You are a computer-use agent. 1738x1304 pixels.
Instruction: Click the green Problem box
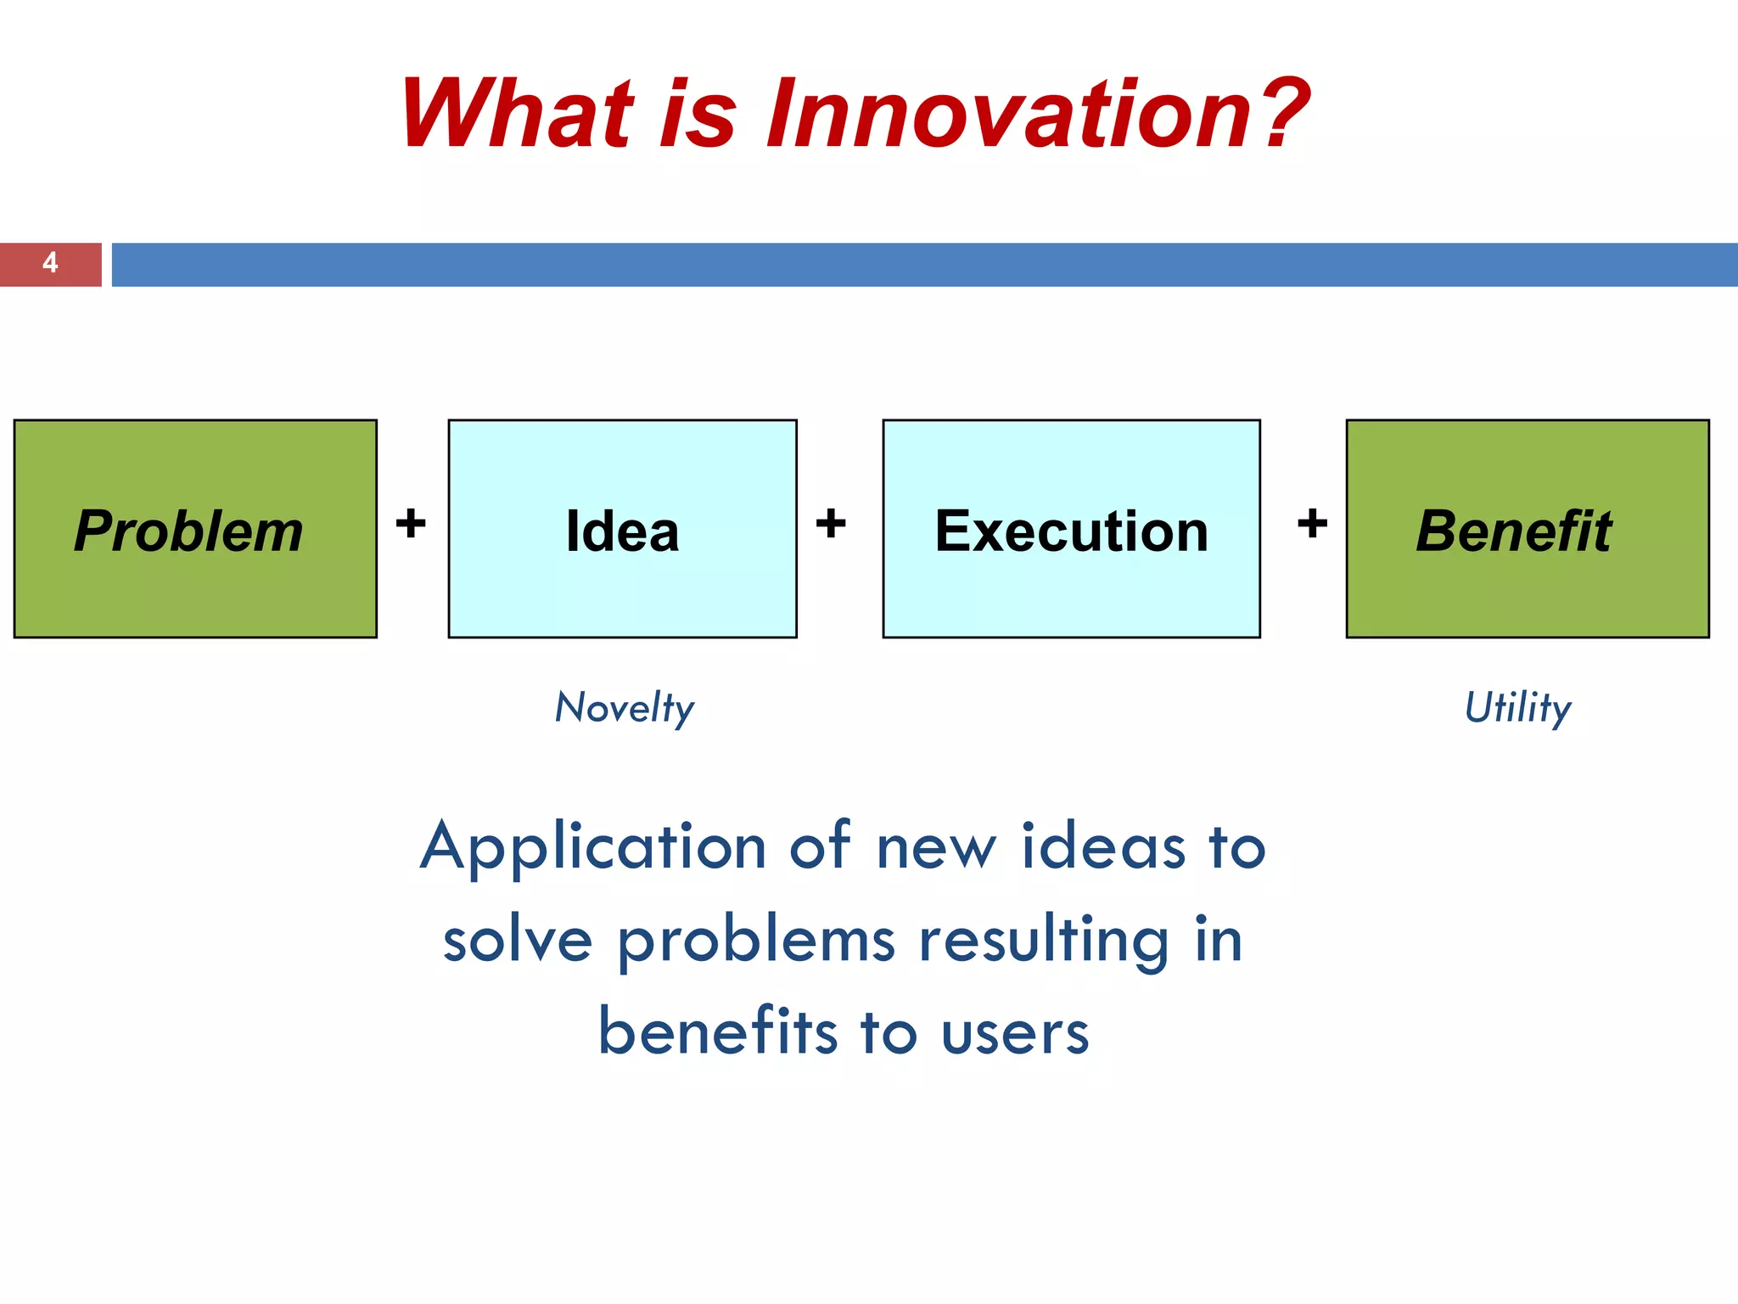coord(195,528)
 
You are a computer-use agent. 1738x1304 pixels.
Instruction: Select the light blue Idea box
coord(622,528)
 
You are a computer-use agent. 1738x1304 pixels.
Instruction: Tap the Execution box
coord(1071,528)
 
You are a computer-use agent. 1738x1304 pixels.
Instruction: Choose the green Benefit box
coord(1527,528)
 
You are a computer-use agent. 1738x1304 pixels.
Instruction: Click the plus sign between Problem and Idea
coord(411,523)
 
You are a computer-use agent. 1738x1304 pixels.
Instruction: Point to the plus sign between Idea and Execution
coord(831,523)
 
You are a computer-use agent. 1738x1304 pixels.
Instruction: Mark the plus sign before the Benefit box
coord(1312,523)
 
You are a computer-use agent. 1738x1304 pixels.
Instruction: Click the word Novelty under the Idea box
coord(625,708)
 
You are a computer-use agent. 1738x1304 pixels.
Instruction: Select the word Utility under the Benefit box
coord(1517,708)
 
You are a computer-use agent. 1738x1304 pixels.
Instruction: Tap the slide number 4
coord(50,264)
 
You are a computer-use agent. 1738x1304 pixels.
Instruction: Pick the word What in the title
coord(517,114)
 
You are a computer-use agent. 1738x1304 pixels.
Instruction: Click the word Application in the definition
coord(593,847)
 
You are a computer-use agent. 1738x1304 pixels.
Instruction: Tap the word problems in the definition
coord(756,941)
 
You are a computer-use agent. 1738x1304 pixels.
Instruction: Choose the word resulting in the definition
coord(1045,941)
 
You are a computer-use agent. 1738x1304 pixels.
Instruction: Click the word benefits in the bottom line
coord(719,1032)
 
